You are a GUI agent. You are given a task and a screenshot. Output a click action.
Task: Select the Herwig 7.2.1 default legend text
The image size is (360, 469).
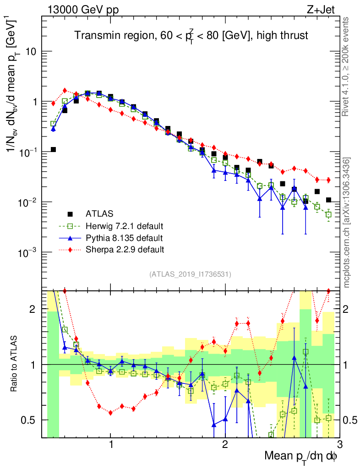(x=124, y=226)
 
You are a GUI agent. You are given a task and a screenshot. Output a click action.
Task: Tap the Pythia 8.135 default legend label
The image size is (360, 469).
(x=124, y=238)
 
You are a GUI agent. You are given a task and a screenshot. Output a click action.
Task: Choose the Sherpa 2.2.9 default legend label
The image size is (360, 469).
(x=125, y=250)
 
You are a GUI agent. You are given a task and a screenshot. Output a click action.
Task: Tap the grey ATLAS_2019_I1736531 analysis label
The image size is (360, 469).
(x=190, y=274)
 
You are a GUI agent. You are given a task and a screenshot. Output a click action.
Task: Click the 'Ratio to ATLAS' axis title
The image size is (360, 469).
(x=15, y=364)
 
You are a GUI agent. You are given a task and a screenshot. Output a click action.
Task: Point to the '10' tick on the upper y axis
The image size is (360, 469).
(x=30, y=51)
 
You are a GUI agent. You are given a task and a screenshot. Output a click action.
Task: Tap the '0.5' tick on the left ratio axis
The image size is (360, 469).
(x=31, y=420)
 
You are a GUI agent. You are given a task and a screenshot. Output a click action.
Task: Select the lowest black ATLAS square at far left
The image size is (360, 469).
(x=53, y=149)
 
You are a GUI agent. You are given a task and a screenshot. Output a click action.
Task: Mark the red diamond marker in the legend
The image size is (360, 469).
(x=70, y=250)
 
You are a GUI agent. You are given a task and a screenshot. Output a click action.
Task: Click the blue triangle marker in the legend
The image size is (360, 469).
(x=70, y=238)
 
